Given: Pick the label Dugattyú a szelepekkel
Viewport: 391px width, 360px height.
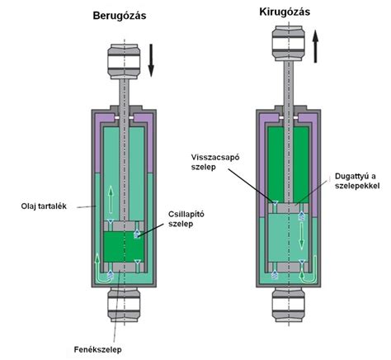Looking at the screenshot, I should [356, 181].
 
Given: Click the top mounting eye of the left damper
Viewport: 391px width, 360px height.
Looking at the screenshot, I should [125, 62].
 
